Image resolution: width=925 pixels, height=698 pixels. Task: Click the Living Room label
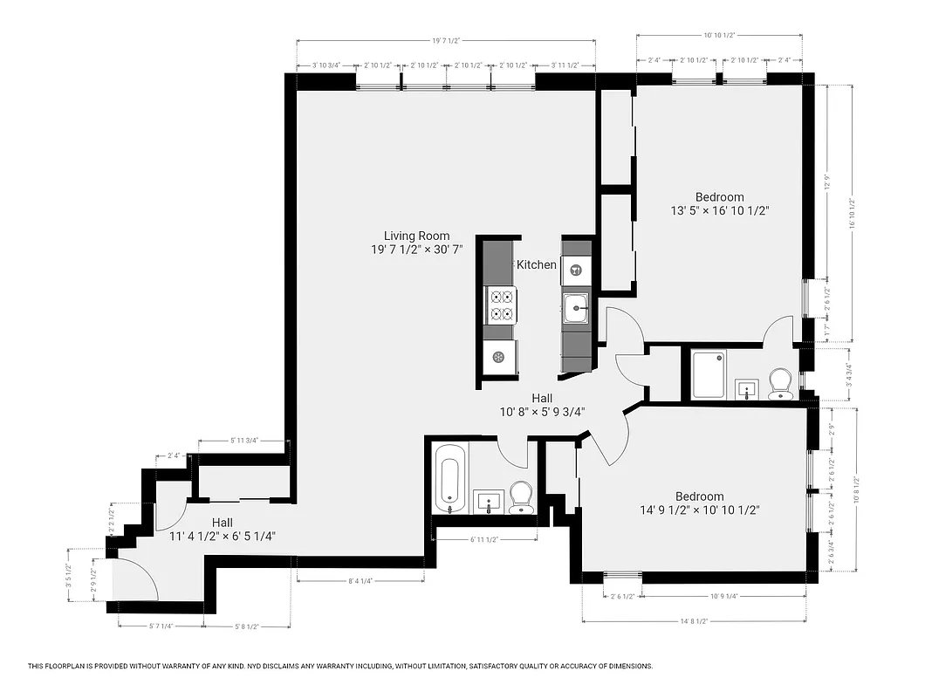click(x=416, y=236)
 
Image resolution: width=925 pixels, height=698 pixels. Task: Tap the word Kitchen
click(x=536, y=264)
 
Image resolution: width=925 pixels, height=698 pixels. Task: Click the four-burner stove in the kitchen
click(x=500, y=305)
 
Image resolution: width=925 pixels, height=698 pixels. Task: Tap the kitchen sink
click(x=575, y=306)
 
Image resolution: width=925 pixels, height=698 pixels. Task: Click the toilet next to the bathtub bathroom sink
click(x=522, y=497)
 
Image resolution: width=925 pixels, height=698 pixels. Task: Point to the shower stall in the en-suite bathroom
click(x=709, y=374)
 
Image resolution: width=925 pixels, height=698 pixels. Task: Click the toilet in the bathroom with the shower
click(x=780, y=384)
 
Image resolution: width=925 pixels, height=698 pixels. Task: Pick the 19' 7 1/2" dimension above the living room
click(x=446, y=40)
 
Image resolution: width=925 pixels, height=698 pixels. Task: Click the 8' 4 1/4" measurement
click(x=360, y=580)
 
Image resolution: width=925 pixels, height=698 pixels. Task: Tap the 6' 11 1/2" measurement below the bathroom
click(x=483, y=539)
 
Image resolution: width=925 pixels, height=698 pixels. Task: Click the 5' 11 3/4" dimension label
click(x=243, y=441)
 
